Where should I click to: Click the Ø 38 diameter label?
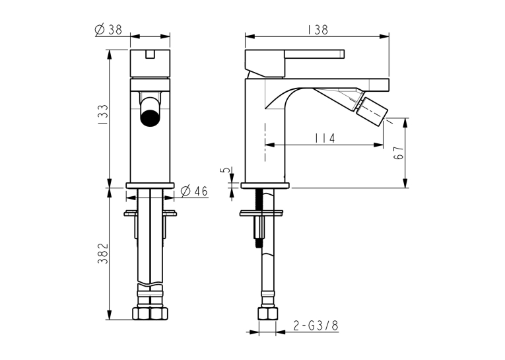tap(108, 30)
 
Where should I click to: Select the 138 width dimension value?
tap(318, 30)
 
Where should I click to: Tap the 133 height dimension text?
tap(103, 115)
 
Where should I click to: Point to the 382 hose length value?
tap(103, 253)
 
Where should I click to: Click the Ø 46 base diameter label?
tap(194, 191)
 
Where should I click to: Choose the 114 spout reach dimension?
tap(325, 138)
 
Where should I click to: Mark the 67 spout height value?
tap(399, 153)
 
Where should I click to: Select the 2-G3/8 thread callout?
tap(316, 326)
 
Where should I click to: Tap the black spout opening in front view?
tap(150, 118)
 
